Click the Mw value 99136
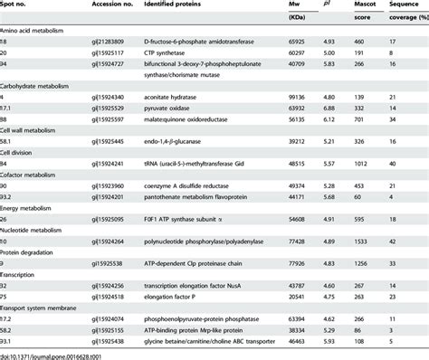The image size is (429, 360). pyautogui.click(x=300, y=108)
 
